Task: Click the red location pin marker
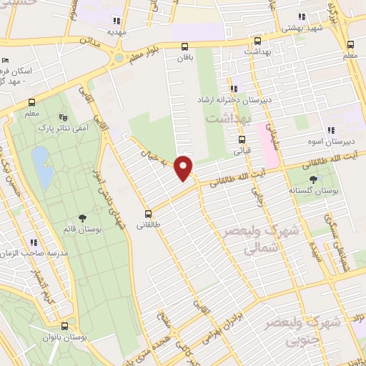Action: coord(184,169)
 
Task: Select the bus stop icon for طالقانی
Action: coord(149,213)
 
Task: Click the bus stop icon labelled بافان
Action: coord(185,48)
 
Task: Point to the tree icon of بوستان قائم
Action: coord(83,218)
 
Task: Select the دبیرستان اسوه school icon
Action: coord(330,130)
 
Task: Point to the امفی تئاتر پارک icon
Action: coord(64,117)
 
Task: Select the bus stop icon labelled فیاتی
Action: coord(242,139)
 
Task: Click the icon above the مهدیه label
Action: coord(117,21)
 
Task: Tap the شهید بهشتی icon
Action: coord(301,16)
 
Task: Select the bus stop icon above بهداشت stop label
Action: coord(258,41)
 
